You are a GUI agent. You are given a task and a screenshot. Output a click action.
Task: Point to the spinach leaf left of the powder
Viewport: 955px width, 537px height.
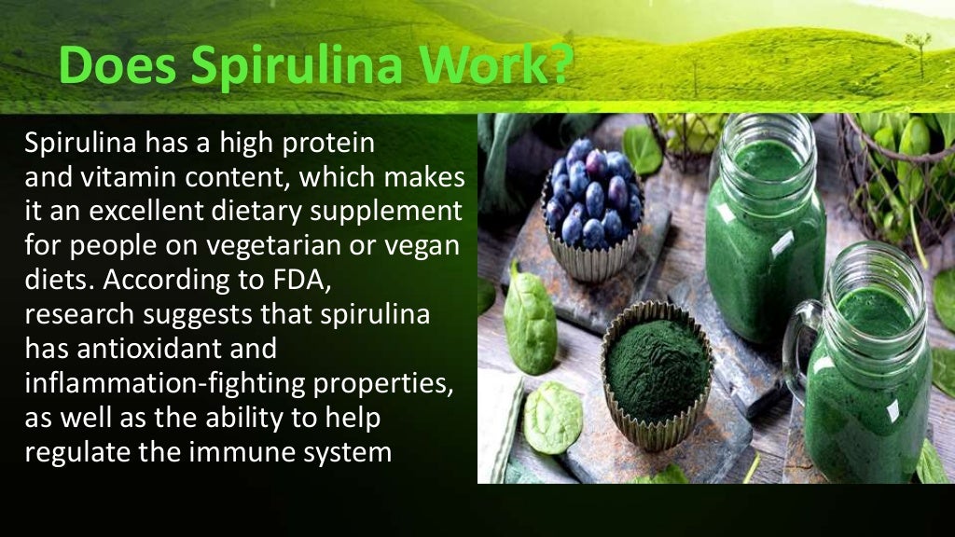coord(529,316)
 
